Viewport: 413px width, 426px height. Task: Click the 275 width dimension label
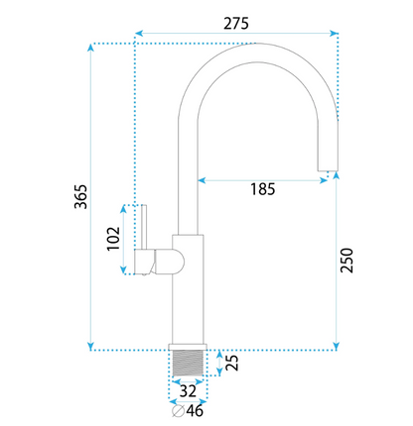click(236, 24)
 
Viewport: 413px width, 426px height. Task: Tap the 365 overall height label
click(80, 196)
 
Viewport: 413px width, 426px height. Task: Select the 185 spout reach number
click(262, 189)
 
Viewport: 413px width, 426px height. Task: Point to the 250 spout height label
click(346, 261)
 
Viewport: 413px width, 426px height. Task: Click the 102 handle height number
click(113, 239)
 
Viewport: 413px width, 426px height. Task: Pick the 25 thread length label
click(231, 363)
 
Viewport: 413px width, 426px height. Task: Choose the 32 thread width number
click(188, 391)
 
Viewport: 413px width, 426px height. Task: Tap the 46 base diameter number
click(195, 410)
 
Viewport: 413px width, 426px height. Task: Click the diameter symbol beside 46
click(178, 410)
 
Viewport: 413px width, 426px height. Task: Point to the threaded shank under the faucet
click(188, 363)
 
